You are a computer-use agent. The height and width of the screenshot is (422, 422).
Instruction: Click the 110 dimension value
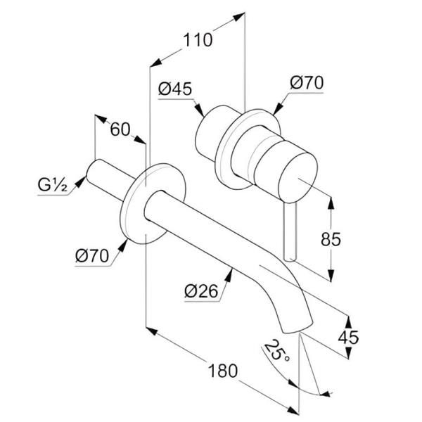tap(198, 40)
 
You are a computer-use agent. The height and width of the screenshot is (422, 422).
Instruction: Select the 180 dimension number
tap(223, 371)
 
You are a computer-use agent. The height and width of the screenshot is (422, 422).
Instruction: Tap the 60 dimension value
tap(120, 129)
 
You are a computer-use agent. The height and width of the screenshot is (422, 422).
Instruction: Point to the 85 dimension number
tap(331, 239)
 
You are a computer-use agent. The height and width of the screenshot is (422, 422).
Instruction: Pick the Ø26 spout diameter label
tap(201, 291)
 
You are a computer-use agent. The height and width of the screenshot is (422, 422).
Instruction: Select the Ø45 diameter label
tap(175, 89)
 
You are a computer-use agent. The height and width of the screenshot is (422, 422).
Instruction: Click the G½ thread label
tap(52, 185)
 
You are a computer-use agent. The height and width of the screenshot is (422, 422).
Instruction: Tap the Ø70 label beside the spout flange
tap(92, 256)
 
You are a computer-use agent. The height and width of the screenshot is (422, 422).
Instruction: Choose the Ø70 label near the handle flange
tap(307, 82)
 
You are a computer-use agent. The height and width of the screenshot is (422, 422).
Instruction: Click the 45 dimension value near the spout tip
tap(348, 338)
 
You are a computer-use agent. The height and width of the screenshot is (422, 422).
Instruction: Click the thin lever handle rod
tap(290, 231)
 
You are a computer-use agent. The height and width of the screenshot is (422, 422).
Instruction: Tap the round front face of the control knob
tap(298, 177)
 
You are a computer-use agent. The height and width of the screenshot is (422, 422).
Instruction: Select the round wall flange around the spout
tap(153, 204)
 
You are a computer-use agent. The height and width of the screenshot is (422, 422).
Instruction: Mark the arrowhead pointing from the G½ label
tap(80, 181)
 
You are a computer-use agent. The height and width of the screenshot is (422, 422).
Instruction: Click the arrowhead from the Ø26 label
tap(229, 275)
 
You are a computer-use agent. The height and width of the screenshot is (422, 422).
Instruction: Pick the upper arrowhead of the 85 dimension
tap(331, 203)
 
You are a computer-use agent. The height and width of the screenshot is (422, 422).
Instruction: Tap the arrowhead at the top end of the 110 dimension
tap(238, 17)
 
